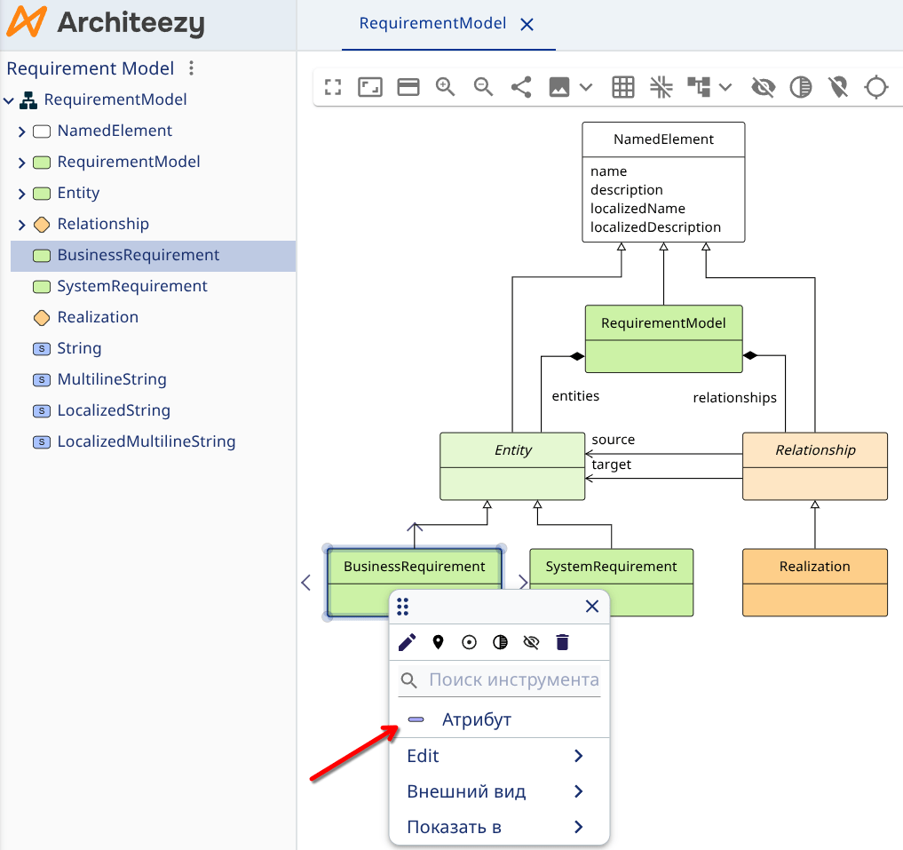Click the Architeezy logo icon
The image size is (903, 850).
(25, 24)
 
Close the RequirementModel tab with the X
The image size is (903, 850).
(527, 25)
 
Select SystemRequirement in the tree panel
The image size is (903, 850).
(131, 286)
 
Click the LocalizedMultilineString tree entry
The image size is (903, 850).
(146, 441)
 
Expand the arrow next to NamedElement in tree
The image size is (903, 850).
(22, 131)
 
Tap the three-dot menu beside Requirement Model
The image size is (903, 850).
(191, 68)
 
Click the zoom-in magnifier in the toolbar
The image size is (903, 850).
(446, 87)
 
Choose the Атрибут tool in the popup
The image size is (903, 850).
(476, 719)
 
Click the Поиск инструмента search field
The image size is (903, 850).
(513, 680)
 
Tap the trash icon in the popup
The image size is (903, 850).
(562, 642)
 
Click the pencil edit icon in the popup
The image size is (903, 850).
(407, 642)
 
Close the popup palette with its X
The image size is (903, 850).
(592, 607)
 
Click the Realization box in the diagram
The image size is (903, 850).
(814, 567)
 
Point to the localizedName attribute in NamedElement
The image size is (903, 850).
(638, 209)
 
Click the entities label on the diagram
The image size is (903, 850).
(575, 396)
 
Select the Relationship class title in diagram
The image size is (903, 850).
(814, 450)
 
